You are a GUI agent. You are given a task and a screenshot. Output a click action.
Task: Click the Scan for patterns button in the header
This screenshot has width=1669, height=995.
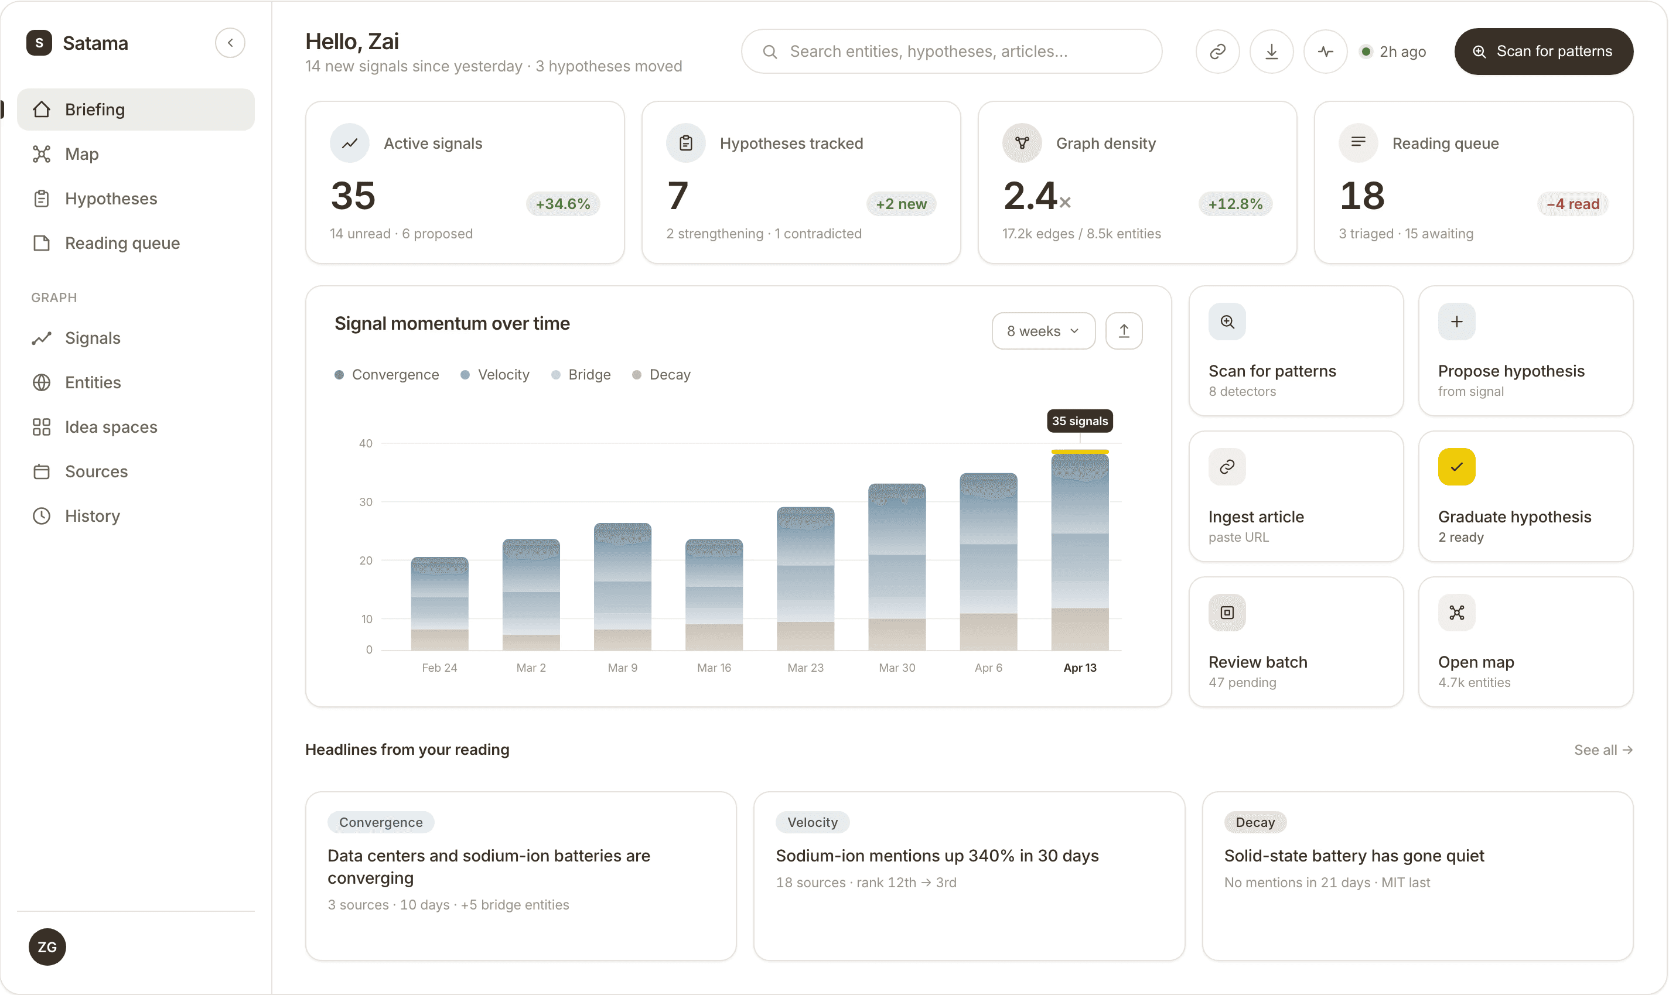1543,52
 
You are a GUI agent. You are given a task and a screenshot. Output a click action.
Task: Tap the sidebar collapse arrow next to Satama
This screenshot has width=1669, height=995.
230,43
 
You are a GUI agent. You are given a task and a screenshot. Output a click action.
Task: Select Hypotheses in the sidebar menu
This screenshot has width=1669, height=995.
111,199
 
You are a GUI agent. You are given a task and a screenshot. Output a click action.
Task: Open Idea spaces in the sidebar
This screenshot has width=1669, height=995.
111,427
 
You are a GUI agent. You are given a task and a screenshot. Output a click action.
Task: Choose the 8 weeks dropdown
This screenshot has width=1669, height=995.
1043,331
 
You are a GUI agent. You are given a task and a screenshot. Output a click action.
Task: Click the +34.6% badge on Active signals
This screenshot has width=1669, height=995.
562,204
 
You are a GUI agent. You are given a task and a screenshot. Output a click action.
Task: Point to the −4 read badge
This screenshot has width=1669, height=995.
1572,204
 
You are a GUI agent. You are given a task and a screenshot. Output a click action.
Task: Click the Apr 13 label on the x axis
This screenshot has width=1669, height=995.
1080,668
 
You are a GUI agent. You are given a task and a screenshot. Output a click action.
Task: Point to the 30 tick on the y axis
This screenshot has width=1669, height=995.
366,501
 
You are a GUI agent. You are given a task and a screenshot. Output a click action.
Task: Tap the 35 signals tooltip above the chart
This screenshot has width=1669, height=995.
1080,421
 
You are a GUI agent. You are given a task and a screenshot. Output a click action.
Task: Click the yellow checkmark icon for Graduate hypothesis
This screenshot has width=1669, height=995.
1456,467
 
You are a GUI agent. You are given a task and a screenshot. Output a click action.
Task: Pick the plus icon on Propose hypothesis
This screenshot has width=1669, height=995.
1456,322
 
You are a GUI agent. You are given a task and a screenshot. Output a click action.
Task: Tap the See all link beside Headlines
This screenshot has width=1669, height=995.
1603,750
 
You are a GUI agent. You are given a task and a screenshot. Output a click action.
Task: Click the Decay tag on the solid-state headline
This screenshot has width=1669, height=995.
1255,822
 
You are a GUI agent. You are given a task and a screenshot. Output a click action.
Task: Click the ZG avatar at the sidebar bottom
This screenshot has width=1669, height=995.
47,947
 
